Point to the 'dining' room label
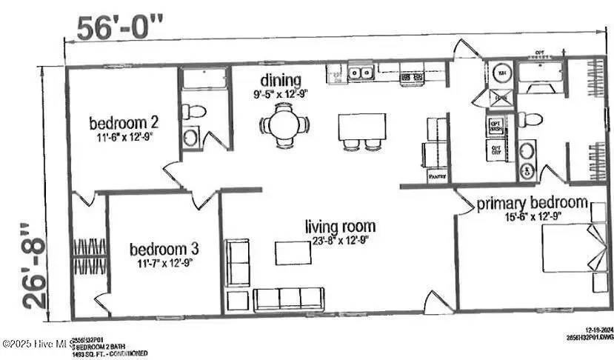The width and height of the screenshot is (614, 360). [x=281, y=80]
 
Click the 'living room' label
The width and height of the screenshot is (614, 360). [x=341, y=226]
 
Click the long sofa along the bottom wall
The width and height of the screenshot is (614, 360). [x=288, y=299]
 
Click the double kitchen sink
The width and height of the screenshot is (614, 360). [x=361, y=73]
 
